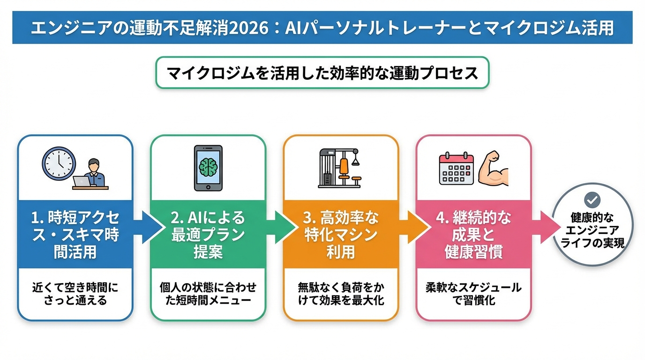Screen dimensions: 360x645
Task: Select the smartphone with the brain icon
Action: point(208,168)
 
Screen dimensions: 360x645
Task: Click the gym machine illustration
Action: point(340,168)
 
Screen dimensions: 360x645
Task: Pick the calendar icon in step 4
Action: point(455,169)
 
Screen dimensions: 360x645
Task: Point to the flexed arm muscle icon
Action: point(493,169)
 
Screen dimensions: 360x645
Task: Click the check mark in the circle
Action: point(592,200)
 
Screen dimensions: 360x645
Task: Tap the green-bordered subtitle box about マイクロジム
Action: point(322,73)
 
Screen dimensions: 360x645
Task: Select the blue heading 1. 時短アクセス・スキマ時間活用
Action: point(75,235)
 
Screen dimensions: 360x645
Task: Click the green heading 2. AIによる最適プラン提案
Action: point(208,235)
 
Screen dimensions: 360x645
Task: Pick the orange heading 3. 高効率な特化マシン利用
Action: point(341,235)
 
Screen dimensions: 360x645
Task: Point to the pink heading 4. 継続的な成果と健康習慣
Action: point(474,235)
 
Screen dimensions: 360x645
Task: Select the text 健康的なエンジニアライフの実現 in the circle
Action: point(592,230)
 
